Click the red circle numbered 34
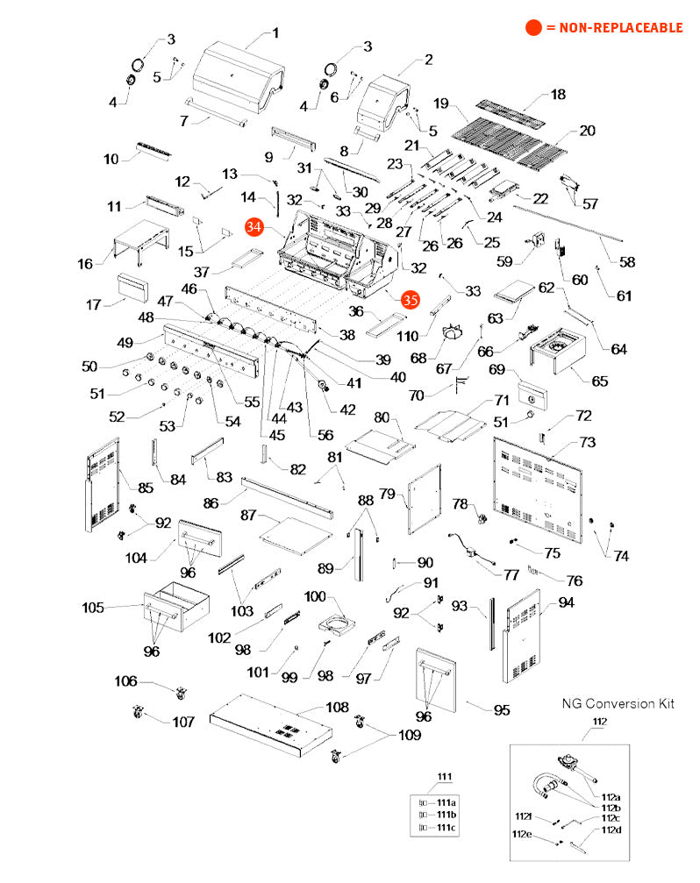(x=254, y=226)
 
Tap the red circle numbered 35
(x=410, y=300)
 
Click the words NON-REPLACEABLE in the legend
(x=614, y=28)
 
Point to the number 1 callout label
(x=275, y=33)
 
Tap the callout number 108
(x=337, y=708)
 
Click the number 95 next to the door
(x=501, y=710)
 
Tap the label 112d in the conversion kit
(x=611, y=830)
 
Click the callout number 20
(x=587, y=131)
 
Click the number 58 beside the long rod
(x=628, y=262)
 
